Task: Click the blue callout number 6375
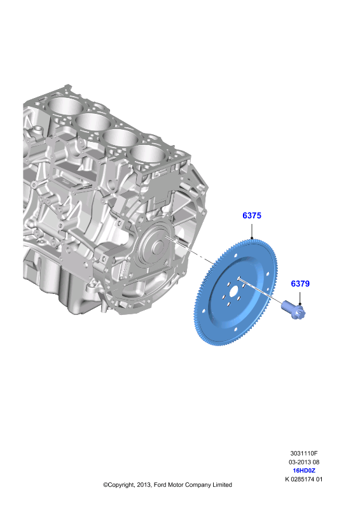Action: (x=252, y=216)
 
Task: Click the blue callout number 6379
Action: (x=300, y=284)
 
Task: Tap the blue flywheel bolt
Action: (x=293, y=310)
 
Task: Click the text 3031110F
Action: (x=304, y=453)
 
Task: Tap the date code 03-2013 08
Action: (x=304, y=462)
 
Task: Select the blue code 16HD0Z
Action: (x=304, y=471)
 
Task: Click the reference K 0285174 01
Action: (x=304, y=480)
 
